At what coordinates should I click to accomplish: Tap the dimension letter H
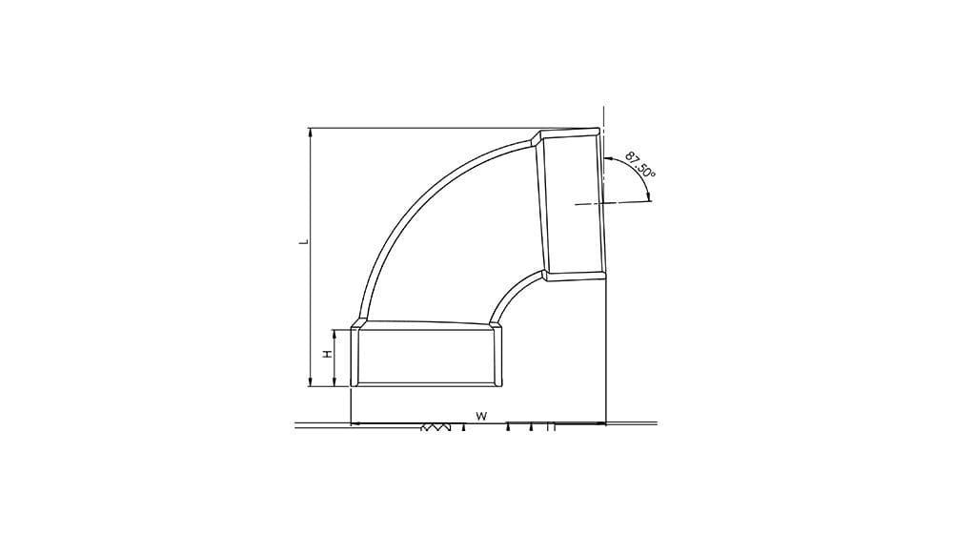[328, 354]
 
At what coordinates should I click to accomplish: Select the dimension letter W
[481, 416]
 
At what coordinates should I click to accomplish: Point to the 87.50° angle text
[640, 164]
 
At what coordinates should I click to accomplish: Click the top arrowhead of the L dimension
[311, 132]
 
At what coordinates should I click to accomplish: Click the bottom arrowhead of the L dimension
[311, 382]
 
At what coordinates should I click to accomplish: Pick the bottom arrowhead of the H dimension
[335, 382]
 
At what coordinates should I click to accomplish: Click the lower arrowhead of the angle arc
[649, 195]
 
